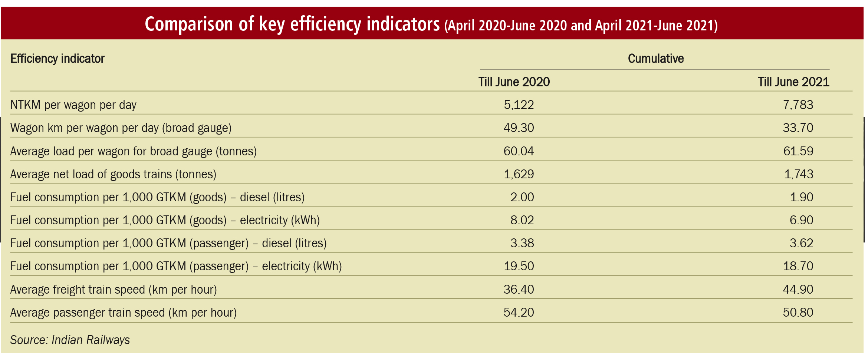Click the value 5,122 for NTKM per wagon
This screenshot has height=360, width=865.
[518, 105]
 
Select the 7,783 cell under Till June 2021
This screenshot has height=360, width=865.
[797, 105]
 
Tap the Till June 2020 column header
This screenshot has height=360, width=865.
[514, 82]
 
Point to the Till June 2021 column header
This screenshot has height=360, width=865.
[793, 82]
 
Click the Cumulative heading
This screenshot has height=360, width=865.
[655, 59]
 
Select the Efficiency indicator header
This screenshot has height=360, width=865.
[57, 59]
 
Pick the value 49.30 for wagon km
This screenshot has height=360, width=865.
[518, 128]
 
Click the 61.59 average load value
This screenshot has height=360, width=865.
[798, 151]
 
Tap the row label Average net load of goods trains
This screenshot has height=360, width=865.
[113, 174]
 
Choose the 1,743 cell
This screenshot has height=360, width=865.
[798, 174]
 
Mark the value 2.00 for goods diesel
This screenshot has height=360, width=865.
[522, 197]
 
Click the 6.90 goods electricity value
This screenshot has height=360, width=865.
[801, 220]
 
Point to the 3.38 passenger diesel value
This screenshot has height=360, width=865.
[522, 243]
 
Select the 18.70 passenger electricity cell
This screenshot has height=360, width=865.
[798, 266]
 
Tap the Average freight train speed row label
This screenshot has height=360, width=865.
[114, 290]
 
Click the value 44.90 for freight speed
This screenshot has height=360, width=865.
[798, 290]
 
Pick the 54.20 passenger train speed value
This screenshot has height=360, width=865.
[518, 313]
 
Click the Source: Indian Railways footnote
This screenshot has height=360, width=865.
[70, 340]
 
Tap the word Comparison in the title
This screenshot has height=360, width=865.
[189, 24]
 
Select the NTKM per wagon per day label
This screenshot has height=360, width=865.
[73, 105]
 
